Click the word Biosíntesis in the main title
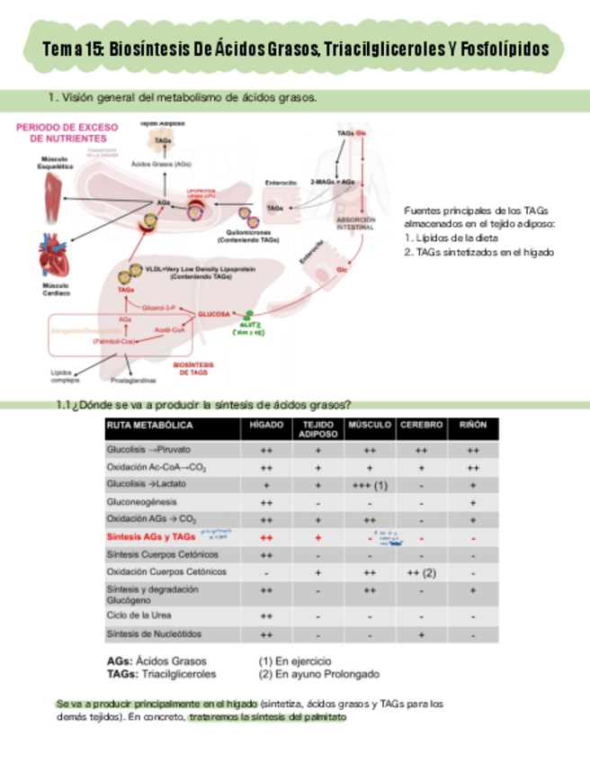[146, 50]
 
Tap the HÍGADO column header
[266, 424]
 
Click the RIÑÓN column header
[473, 424]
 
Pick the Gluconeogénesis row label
[141, 502]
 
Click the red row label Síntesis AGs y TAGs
[151, 537]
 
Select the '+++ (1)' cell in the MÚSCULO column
[370, 485]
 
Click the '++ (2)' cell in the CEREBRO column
[421, 571]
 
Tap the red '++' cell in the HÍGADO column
[266, 537]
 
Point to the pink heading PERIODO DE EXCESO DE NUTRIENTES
[60, 133]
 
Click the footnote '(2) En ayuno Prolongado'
[318, 673]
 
